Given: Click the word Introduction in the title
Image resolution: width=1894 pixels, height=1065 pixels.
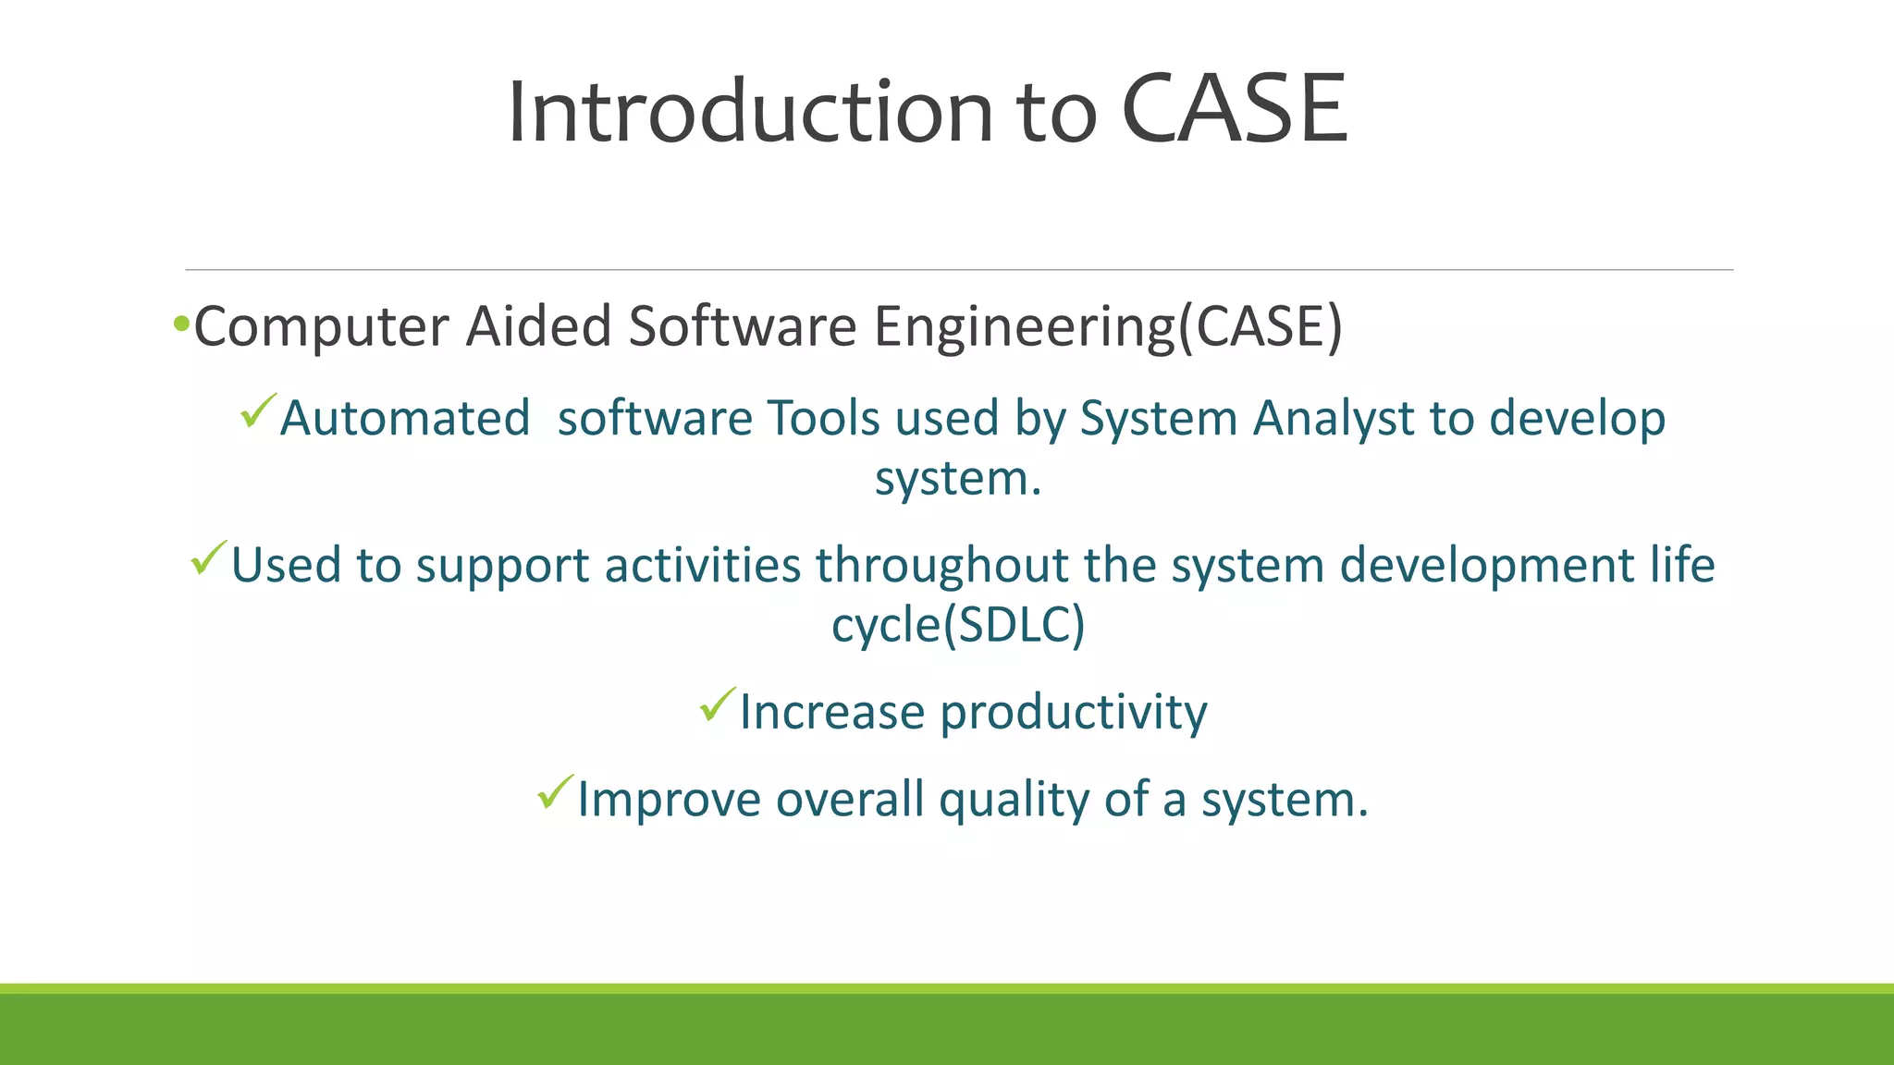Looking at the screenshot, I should (750, 112).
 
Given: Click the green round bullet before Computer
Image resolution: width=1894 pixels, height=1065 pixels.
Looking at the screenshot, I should (181, 324).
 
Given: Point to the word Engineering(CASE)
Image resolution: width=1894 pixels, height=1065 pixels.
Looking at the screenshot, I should (1108, 327).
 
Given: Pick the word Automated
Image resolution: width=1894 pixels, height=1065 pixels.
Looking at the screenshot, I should (405, 418).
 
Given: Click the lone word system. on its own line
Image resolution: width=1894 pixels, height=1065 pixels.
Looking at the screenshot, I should (958, 479).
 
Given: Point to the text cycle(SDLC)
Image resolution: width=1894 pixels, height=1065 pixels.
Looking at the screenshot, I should (958, 625).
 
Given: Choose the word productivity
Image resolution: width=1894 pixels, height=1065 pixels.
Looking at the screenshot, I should (1074, 713).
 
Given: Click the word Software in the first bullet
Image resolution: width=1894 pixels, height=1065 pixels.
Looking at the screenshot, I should (743, 327).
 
